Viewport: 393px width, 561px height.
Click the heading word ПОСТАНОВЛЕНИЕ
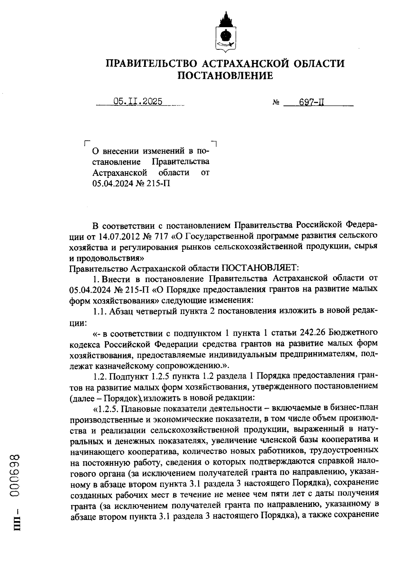point(225,76)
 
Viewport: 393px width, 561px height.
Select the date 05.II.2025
point(138,102)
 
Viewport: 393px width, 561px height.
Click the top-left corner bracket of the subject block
point(86,142)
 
